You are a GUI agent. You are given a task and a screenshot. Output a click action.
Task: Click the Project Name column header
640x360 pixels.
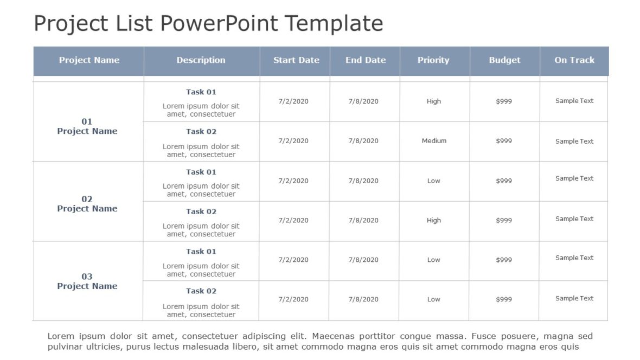coord(89,60)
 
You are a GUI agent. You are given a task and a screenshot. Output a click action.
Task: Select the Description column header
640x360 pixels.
coord(201,60)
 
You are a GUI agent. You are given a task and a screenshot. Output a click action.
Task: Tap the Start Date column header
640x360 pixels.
coord(296,60)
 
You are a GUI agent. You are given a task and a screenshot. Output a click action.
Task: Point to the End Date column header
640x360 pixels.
coord(366,60)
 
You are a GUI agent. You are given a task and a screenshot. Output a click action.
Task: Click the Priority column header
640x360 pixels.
coord(433,60)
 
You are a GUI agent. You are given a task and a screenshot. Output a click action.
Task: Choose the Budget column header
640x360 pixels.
coord(504,60)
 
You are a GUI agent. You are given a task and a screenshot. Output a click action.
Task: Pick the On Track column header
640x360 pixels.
coord(574,60)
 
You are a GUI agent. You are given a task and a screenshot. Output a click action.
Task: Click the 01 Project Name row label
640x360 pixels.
coord(87,126)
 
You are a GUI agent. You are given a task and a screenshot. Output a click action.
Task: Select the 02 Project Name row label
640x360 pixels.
coord(87,204)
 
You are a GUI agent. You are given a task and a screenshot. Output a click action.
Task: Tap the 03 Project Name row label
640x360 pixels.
coord(87,281)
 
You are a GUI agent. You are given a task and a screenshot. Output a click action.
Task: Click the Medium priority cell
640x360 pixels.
coord(434,141)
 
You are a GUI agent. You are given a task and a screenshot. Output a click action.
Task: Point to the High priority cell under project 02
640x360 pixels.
coord(434,221)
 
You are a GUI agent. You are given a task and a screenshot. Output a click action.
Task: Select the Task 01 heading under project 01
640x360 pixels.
coord(201,92)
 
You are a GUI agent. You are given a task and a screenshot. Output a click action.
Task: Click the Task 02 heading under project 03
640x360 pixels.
coord(201,291)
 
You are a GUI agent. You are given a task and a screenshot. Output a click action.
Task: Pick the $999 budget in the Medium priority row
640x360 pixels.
coord(504,141)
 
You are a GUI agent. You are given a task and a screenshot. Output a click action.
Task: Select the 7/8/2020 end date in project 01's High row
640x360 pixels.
coord(363,101)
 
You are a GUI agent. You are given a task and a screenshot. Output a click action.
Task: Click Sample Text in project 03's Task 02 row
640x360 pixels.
coord(574,299)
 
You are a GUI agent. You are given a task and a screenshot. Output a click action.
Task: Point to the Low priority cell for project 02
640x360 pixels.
coord(434,181)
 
